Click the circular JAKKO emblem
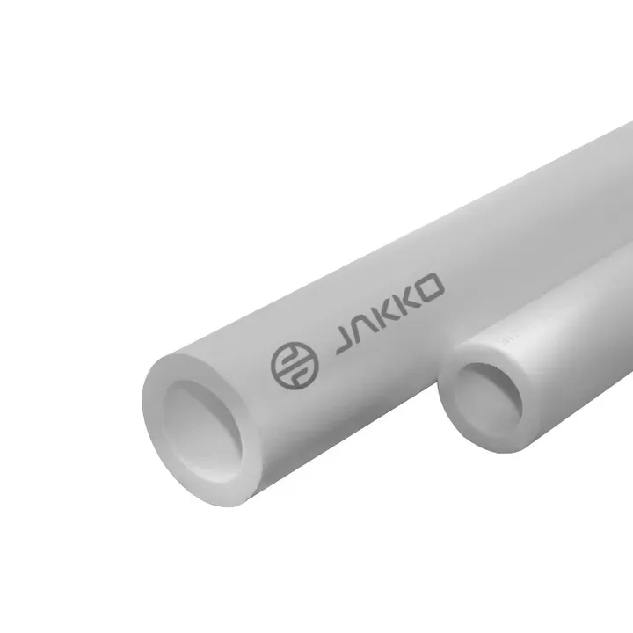point(295,366)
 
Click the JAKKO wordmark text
point(390,314)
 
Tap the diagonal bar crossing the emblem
point(295,366)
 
